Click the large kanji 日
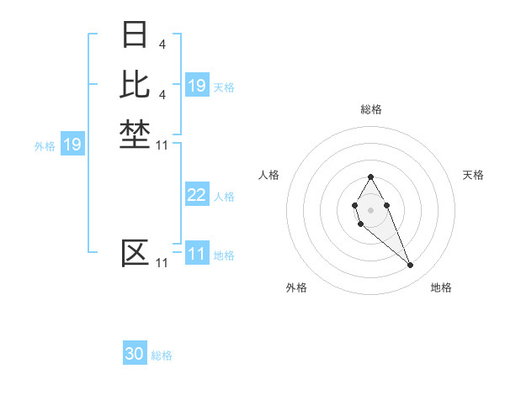(135, 35)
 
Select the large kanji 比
(135, 84)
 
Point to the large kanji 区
(135, 253)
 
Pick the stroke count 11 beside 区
(162, 263)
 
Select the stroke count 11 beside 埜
(162, 146)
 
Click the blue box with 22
(197, 196)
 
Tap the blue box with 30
(135, 355)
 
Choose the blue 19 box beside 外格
(72, 145)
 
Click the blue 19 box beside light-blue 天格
(197, 86)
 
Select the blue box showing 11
(197, 255)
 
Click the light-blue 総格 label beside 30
(162, 355)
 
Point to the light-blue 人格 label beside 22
(224, 197)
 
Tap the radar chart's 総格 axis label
(370, 109)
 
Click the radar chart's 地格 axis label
(441, 287)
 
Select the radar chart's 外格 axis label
(296, 287)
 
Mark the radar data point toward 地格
(410, 266)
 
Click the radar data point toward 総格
(370, 176)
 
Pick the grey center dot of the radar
(370, 209)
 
